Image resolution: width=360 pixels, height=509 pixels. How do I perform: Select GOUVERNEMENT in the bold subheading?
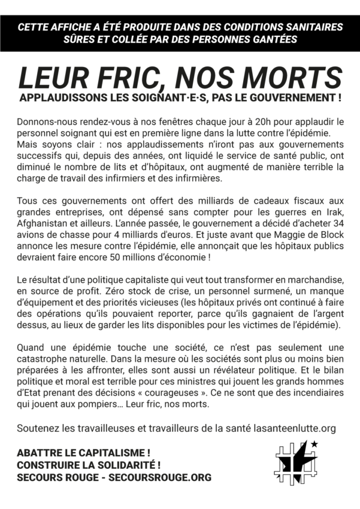pyautogui.click(x=290, y=97)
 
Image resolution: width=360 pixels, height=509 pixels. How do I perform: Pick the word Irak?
pyautogui.click(x=332, y=213)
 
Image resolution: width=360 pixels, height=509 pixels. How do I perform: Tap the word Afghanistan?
pyautogui.click(x=44, y=223)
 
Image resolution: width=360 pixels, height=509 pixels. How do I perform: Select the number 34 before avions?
pyautogui.click(x=335, y=223)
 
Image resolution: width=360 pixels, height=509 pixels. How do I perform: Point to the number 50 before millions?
pyautogui.click(x=156, y=257)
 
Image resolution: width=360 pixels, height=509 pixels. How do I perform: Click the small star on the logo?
pyautogui.click(x=314, y=444)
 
